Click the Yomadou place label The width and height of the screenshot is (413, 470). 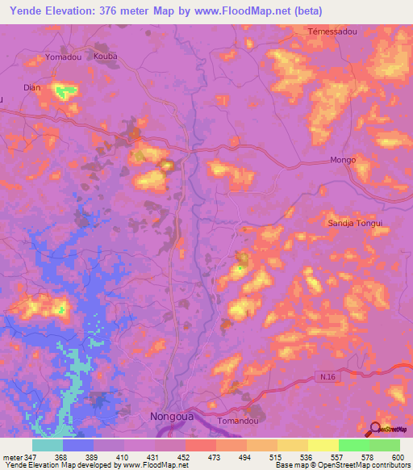click(x=65, y=58)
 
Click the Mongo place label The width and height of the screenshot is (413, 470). click(x=343, y=161)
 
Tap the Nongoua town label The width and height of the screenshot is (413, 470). click(x=174, y=418)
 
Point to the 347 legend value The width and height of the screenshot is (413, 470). click(x=32, y=456)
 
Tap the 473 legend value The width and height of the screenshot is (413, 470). click(x=215, y=456)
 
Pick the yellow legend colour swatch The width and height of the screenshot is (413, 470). click(x=323, y=445)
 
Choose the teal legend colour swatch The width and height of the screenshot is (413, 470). click(x=48, y=445)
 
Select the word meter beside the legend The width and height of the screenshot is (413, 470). click(x=12, y=456)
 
